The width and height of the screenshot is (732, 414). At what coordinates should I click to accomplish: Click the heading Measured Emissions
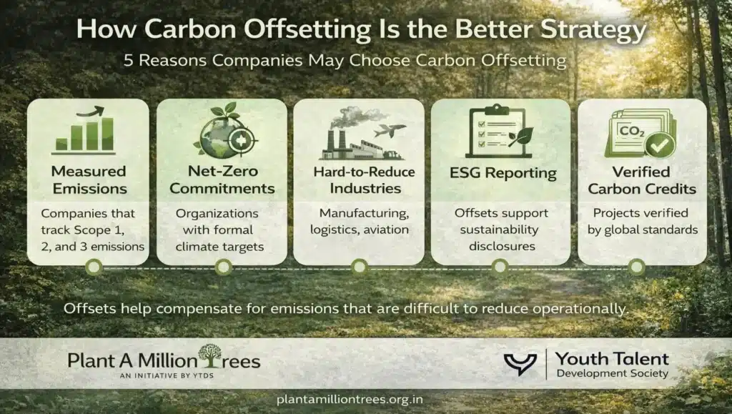[88, 179]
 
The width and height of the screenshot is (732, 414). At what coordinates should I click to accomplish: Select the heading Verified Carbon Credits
[640, 179]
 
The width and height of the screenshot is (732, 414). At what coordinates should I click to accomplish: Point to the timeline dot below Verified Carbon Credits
[635, 267]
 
